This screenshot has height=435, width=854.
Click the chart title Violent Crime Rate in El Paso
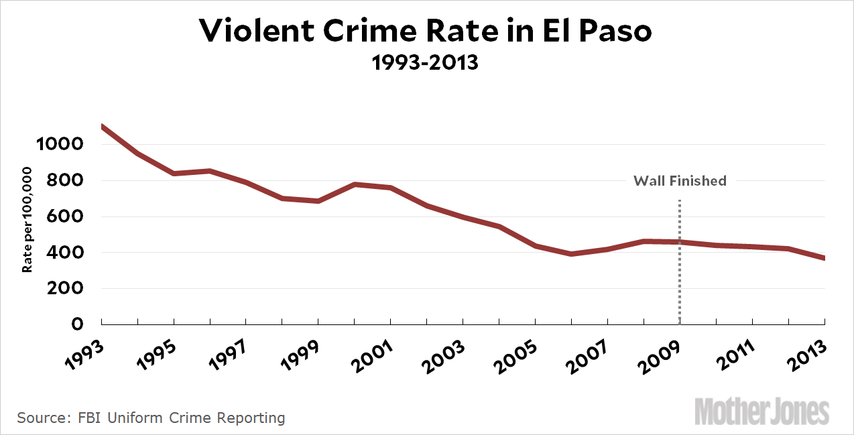426,32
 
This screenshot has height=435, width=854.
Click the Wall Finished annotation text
680,180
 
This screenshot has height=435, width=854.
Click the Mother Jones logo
761,411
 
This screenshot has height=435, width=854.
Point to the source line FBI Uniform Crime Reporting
151,418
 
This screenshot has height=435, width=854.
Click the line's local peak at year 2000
355,184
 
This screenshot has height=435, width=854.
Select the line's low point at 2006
571,254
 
